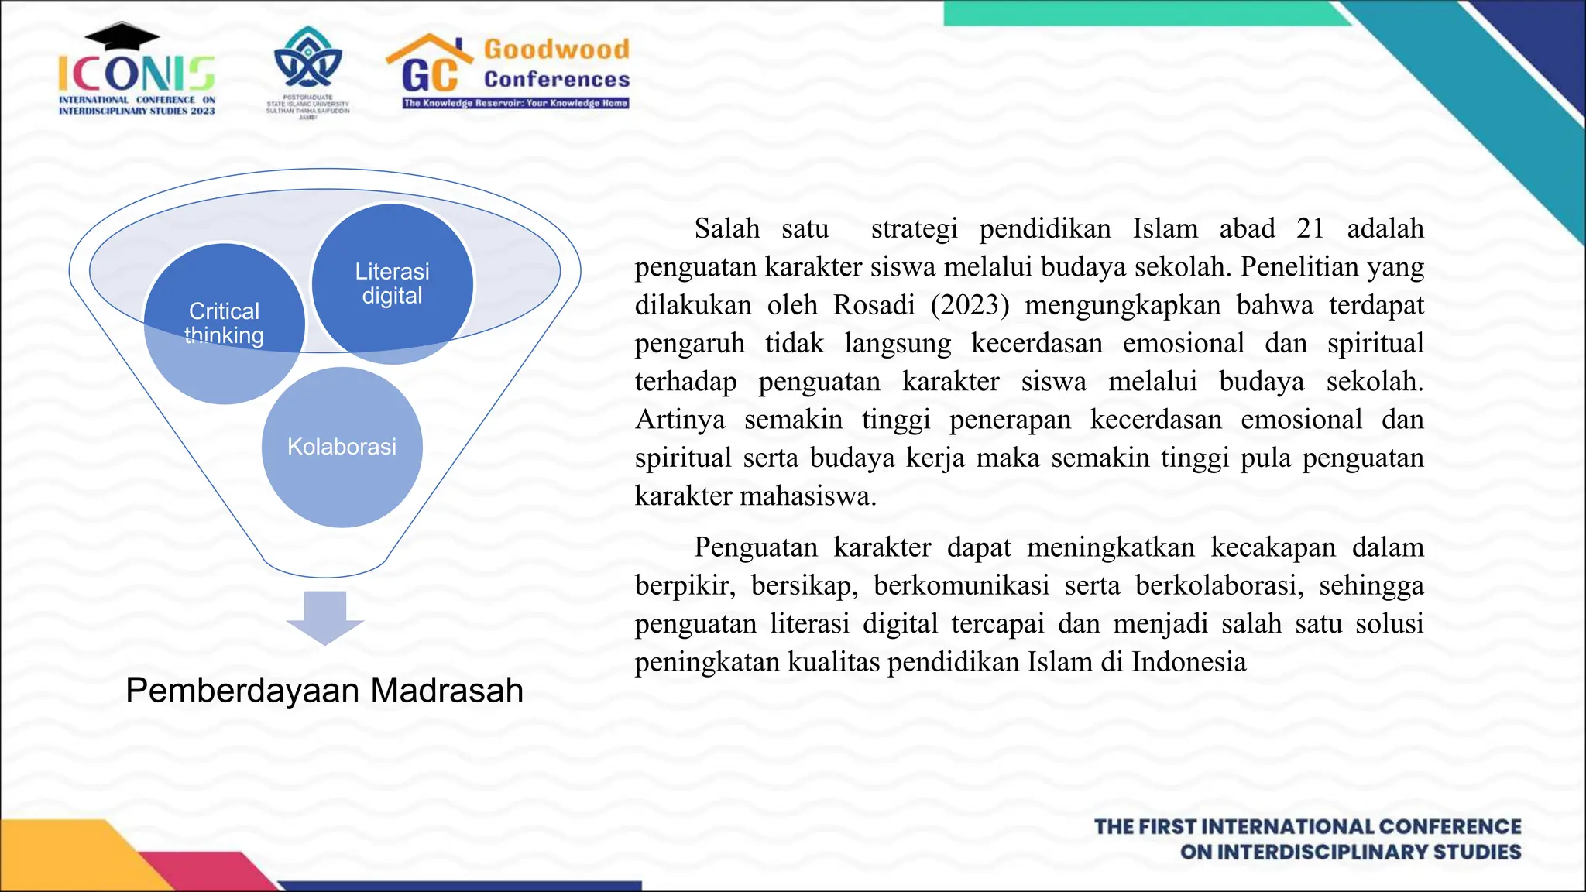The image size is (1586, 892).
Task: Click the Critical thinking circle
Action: pyautogui.click(x=224, y=323)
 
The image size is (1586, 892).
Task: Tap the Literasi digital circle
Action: pyautogui.click(x=392, y=283)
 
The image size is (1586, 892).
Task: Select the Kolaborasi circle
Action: pyautogui.click(x=342, y=447)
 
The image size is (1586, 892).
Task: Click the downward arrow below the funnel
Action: pyautogui.click(x=324, y=617)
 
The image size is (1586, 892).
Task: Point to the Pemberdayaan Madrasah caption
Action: pyautogui.click(x=324, y=690)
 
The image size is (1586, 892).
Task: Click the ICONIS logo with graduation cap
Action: pyautogui.click(x=136, y=70)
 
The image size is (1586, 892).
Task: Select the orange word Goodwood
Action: pyautogui.click(x=557, y=50)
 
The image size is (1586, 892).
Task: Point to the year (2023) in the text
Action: pyautogui.click(x=970, y=305)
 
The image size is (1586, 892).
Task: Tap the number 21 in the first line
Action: pyautogui.click(x=1310, y=229)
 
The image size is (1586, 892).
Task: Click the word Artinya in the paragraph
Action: pyautogui.click(x=680, y=420)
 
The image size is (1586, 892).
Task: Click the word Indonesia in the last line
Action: pyautogui.click(x=1189, y=662)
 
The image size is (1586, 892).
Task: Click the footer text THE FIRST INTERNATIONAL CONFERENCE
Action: pyautogui.click(x=1307, y=827)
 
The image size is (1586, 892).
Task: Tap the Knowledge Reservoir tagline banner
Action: pyautogui.click(x=516, y=103)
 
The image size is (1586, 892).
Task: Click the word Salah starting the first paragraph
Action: pyautogui.click(x=726, y=229)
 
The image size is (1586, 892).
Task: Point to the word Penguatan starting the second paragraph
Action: pyautogui.click(x=755, y=547)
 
